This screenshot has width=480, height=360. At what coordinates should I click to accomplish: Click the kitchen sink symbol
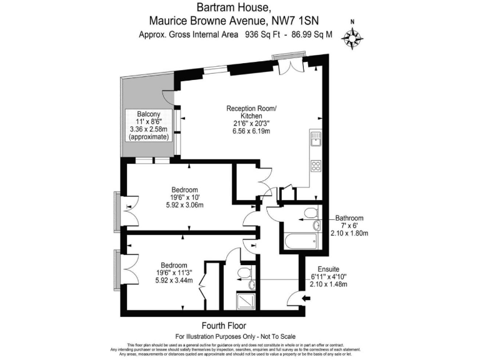tap(316, 139)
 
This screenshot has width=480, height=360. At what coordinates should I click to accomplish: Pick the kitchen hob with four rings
tap(316, 166)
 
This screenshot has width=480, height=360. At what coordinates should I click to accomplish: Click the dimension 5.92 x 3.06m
tap(186, 206)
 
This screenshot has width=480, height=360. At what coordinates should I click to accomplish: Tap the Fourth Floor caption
tap(224, 326)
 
